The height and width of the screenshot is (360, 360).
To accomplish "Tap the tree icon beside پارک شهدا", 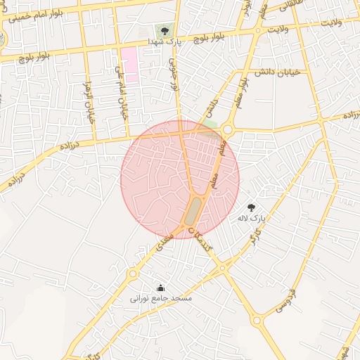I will [165, 31].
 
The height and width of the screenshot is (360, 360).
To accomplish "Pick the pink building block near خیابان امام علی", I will [129, 64].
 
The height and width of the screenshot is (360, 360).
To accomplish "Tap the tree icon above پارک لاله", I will [251, 207].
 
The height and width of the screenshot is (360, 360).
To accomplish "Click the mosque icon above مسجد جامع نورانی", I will [160, 288].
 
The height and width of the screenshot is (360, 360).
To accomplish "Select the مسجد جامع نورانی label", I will [160, 298].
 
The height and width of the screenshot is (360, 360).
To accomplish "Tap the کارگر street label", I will [252, 245].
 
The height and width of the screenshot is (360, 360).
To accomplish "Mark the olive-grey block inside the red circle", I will [193, 210].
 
